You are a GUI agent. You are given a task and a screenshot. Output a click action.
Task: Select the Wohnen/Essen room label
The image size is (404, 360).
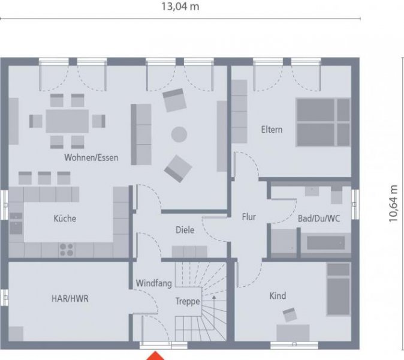coord(92,158)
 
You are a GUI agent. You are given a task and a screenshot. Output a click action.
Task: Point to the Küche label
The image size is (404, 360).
coord(65,218)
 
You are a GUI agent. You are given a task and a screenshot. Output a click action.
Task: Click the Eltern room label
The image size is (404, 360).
coord(272,130)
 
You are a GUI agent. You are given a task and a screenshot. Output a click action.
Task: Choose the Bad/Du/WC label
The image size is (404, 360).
coord(319,218)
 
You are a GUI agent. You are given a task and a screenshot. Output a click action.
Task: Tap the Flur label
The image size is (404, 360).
coord(249,217)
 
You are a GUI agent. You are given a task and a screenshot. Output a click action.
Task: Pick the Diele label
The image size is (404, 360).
coord(185,230)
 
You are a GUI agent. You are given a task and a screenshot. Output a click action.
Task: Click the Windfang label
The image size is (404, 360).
coord(154,283)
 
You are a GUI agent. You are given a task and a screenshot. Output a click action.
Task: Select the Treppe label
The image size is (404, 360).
coord(187,302)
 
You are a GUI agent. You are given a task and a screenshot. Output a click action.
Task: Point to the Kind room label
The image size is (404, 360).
coord(278,295)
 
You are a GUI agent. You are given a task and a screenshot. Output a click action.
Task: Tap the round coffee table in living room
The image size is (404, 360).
coord(179,134)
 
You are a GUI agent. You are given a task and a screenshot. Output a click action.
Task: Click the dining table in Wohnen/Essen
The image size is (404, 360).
coord(67,121)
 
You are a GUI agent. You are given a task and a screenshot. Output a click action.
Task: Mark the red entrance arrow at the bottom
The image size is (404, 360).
coord(157,355)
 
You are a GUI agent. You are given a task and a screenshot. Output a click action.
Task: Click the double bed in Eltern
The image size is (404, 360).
coord(322,122)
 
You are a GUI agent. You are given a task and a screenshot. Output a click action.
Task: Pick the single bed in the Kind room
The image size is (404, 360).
coord(337,289)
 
